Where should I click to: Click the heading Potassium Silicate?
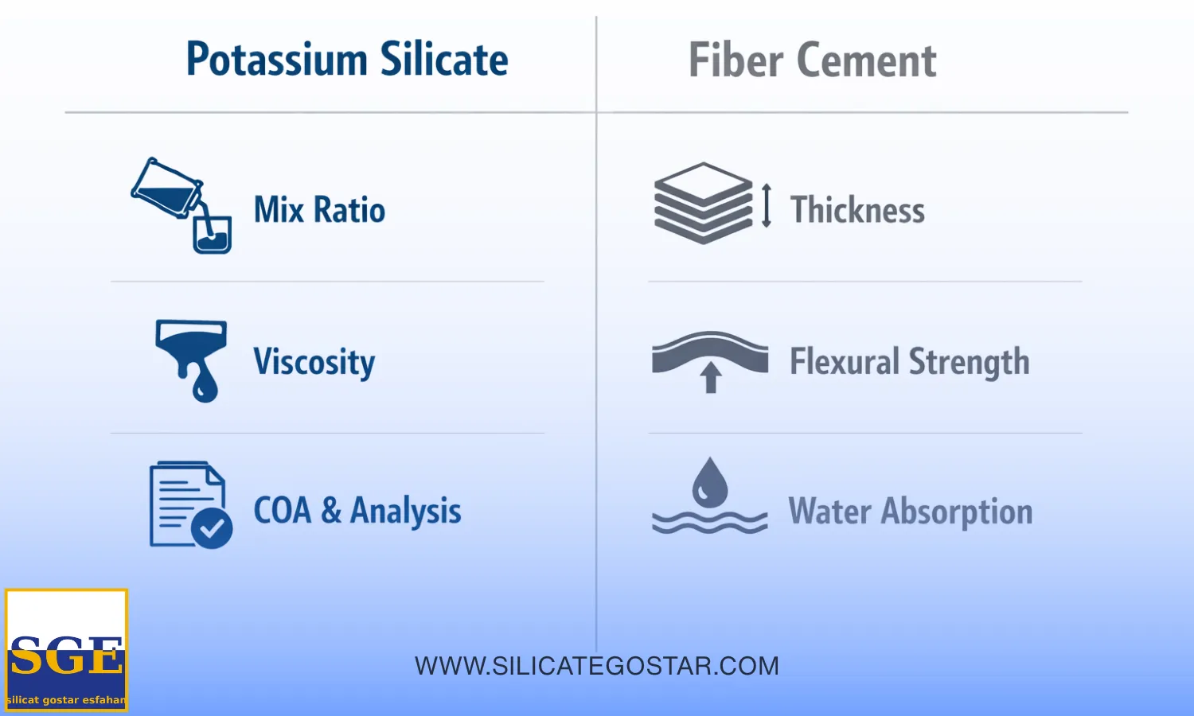click(x=347, y=59)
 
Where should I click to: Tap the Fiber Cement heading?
click(x=813, y=60)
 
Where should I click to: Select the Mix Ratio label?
click(x=319, y=209)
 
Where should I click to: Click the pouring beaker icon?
click(x=181, y=205)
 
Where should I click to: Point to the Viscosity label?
click(x=314, y=362)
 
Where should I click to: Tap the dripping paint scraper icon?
click(x=191, y=360)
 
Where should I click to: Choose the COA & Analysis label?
click(x=357, y=511)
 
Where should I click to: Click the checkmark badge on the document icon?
click(x=212, y=528)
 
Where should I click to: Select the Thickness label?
click(x=857, y=209)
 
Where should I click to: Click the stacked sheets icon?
click(x=703, y=204)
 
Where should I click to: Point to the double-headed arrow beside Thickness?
click(x=767, y=205)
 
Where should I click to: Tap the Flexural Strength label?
click(x=909, y=362)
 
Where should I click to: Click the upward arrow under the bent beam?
click(x=710, y=378)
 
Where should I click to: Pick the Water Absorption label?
click(x=911, y=512)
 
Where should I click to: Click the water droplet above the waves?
click(x=710, y=483)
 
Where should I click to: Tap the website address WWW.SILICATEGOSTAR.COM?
click(x=597, y=666)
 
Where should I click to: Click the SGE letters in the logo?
click(x=66, y=655)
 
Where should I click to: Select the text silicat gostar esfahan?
click(x=67, y=699)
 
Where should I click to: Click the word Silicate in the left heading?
click(x=444, y=59)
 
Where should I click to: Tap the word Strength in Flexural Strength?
click(x=969, y=362)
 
